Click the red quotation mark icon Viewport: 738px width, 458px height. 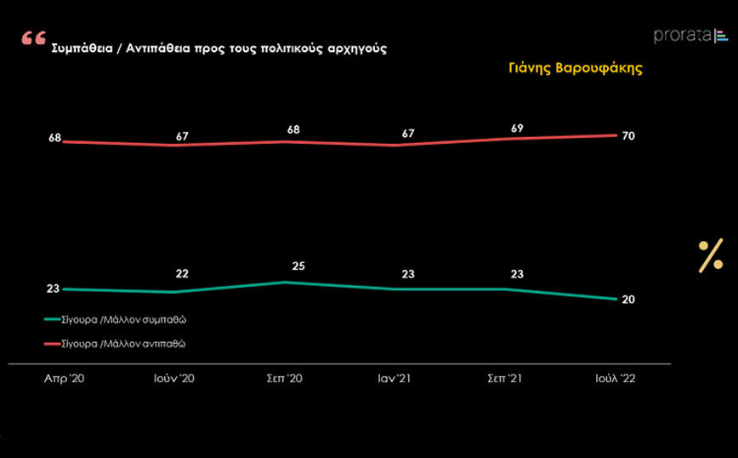click(x=34, y=39)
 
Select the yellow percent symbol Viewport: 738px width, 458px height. click(x=710, y=255)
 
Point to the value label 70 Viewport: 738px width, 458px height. click(x=628, y=136)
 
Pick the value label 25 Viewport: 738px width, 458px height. click(x=298, y=266)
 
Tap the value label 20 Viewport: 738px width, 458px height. click(x=628, y=300)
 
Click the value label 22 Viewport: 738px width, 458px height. click(x=182, y=273)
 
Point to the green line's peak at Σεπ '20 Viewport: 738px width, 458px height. click(x=285, y=282)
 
